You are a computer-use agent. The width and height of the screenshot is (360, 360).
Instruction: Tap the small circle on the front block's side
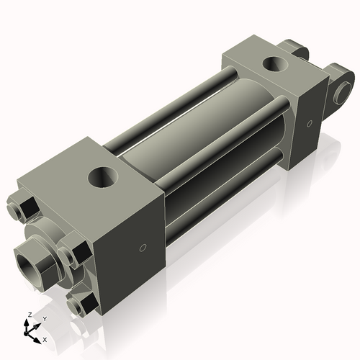pos(143,248)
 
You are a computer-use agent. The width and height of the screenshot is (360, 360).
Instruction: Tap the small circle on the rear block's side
pos(309,124)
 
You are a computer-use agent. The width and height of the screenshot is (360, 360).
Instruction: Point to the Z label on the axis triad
pos(28,315)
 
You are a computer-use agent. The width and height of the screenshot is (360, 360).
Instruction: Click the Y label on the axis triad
pos(44,318)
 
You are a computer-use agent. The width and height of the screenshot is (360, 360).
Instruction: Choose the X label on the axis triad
pos(45,338)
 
